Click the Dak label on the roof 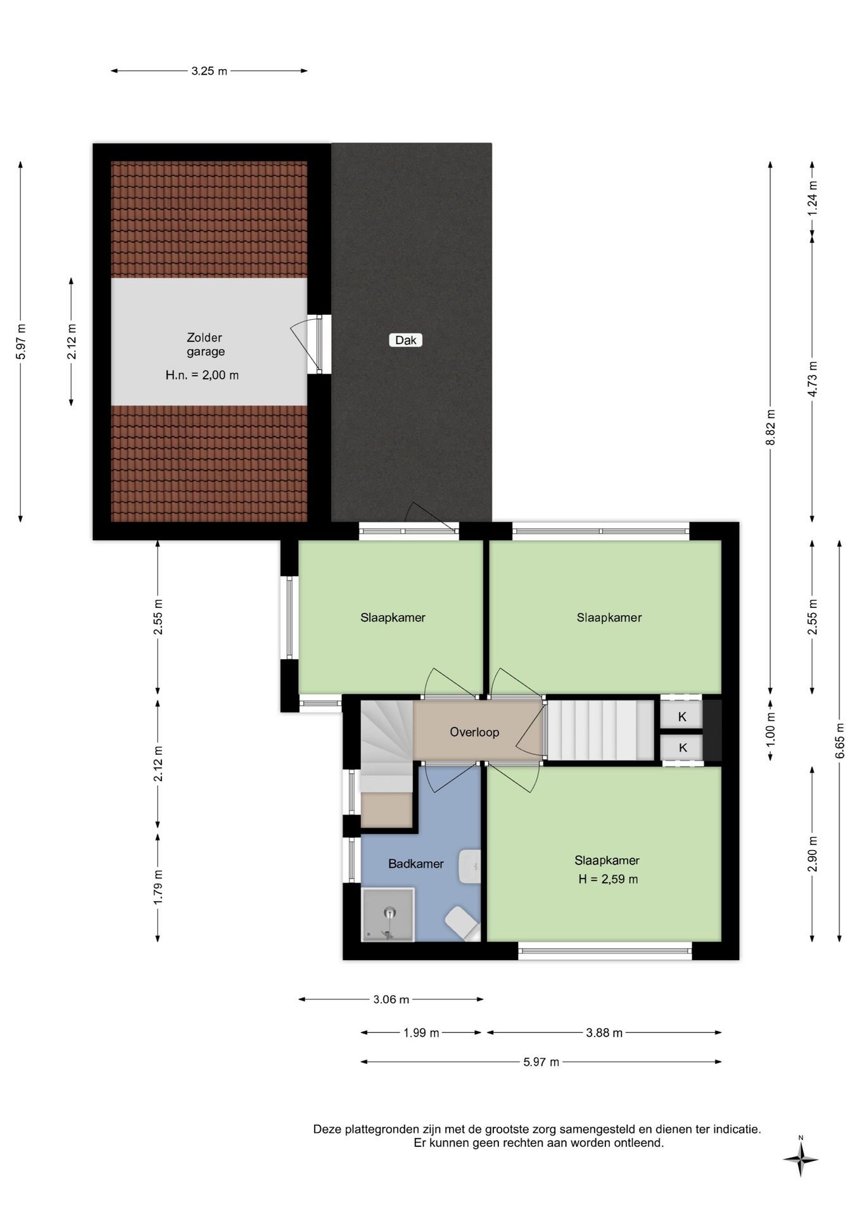click(405, 340)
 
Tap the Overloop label click(474, 732)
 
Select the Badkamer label click(416, 863)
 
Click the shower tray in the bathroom click(388, 915)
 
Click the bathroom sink click(469, 866)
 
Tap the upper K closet click(681, 716)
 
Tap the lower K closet click(681, 747)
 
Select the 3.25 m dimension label click(209, 71)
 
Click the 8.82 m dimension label click(770, 427)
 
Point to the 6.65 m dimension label click(840, 740)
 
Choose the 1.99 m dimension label click(421, 1033)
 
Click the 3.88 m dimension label click(604, 1033)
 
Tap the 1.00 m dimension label click(770, 728)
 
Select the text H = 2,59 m click(608, 879)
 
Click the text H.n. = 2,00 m click(202, 375)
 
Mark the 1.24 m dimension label click(813, 198)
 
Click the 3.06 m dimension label click(391, 999)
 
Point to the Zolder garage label click(205, 345)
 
